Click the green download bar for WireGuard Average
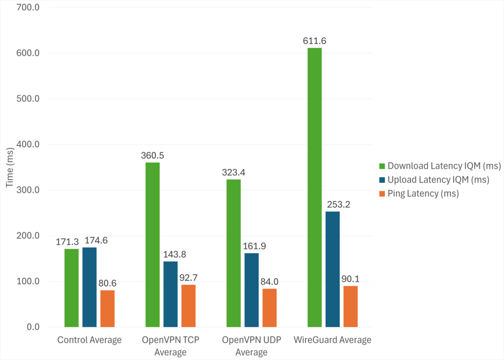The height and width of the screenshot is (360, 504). (x=314, y=188)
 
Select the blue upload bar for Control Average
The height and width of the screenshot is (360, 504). (x=90, y=287)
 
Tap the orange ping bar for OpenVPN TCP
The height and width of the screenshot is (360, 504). (x=188, y=306)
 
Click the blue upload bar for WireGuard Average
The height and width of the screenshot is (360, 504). (x=333, y=269)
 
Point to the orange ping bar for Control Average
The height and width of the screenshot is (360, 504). (x=107, y=309)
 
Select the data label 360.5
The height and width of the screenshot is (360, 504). (x=152, y=156)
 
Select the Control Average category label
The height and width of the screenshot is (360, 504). (x=90, y=340)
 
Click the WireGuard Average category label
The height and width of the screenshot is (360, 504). (x=333, y=340)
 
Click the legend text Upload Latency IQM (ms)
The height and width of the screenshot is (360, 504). (x=438, y=179)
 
